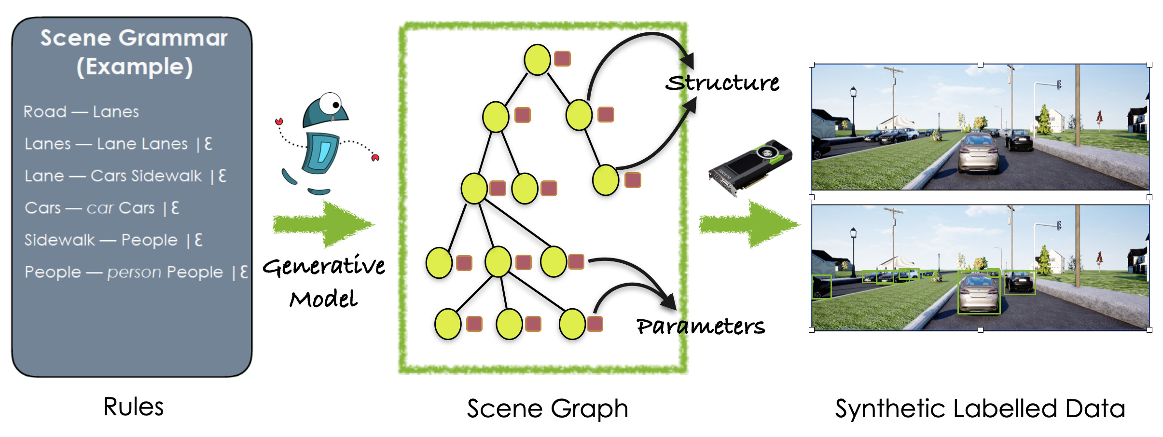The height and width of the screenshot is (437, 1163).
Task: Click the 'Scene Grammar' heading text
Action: pyautogui.click(x=134, y=38)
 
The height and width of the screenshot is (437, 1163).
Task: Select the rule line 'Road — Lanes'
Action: pyautogui.click(x=81, y=112)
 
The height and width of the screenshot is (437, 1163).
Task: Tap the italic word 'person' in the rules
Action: pyautogui.click(x=134, y=273)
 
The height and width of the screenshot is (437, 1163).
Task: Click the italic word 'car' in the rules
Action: pyautogui.click(x=100, y=208)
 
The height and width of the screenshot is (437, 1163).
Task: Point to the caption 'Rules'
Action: pyautogui.click(x=133, y=407)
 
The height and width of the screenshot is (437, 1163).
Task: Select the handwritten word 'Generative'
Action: pyautogui.click(x=324, y=266)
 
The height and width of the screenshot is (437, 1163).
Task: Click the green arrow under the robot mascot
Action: pyautogui.click(x=323, y=225)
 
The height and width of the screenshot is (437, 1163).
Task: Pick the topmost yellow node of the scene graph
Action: pyautogui.click(x=537, y=60)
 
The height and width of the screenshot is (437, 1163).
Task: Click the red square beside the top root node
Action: pyautogui.click(x=562, y=59)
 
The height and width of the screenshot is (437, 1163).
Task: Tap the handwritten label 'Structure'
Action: pyautogui.click(x=722, y=83)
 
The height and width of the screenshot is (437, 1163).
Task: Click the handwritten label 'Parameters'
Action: pyautogui.click(x=700, y=327)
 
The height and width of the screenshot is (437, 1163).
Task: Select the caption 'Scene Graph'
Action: pyautogui.click(x=547, y=409)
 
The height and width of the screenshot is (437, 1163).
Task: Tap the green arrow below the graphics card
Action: pyautogui.click(x=749, y=224)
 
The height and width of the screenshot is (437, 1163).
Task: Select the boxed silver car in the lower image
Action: pyautogui.click(x=979, y=293)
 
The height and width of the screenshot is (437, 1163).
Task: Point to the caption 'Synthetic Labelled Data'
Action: pyautogui.click(x=980, y=409)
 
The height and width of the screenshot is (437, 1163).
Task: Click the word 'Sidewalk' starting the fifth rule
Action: pyautogui.click(x=60, y=240)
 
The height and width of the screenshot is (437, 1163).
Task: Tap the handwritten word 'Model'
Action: pyautogui.click(x=323, y=300)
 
